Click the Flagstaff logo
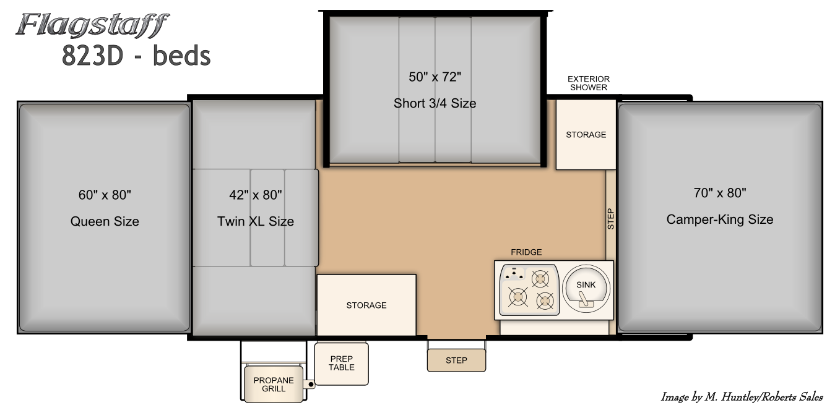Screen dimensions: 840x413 (x=92, y=25)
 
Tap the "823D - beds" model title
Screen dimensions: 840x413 (x=136, y=56)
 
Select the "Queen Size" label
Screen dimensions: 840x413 (x=105, y=221)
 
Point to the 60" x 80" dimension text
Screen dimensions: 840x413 (x=105, y=195)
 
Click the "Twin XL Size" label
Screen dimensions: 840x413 (x=256, y=221)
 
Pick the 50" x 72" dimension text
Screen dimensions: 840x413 (x=435, y=77)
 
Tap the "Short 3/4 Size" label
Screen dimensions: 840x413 (x=435, y=103)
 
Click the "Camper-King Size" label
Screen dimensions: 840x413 (x=720, y=219)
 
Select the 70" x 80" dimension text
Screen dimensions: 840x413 (x=720, y=193)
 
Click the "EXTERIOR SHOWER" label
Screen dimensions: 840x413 (x=589, y=83)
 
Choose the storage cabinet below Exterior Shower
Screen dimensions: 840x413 (x=586, y=134)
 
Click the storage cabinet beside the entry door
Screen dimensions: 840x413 (x=366, y=305)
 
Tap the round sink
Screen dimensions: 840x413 (x=586, y=289)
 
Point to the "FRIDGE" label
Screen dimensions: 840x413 (x=526, y=252)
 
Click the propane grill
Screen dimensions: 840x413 (x=274, y=384)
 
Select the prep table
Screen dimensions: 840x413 (x=341, y=364)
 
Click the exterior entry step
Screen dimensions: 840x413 (x=456, y=360)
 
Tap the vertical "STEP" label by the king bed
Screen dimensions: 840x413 (x=611, y=219)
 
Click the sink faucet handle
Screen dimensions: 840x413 (x=584, y=299)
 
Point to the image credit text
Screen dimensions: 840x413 (x=742, y=397)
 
